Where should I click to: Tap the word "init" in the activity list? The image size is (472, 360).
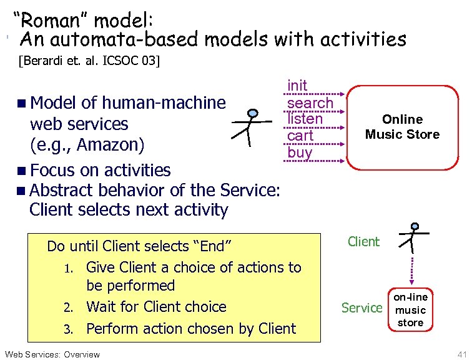[297, 85]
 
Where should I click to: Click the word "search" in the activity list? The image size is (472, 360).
[310, 102]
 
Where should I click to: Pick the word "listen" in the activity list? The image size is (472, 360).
[305, 118]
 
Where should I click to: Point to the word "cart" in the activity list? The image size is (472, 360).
[300, 135]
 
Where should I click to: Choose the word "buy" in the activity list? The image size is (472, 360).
[300, 152]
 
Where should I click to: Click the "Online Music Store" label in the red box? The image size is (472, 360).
[402, 126]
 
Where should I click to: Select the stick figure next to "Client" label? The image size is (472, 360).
[413, 238]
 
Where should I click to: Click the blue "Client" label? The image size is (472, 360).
[363, 241]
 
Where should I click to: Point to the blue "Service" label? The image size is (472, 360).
[361, 307]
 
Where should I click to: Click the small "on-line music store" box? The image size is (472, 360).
[410, 309]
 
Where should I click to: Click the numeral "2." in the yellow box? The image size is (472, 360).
[70, 307]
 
